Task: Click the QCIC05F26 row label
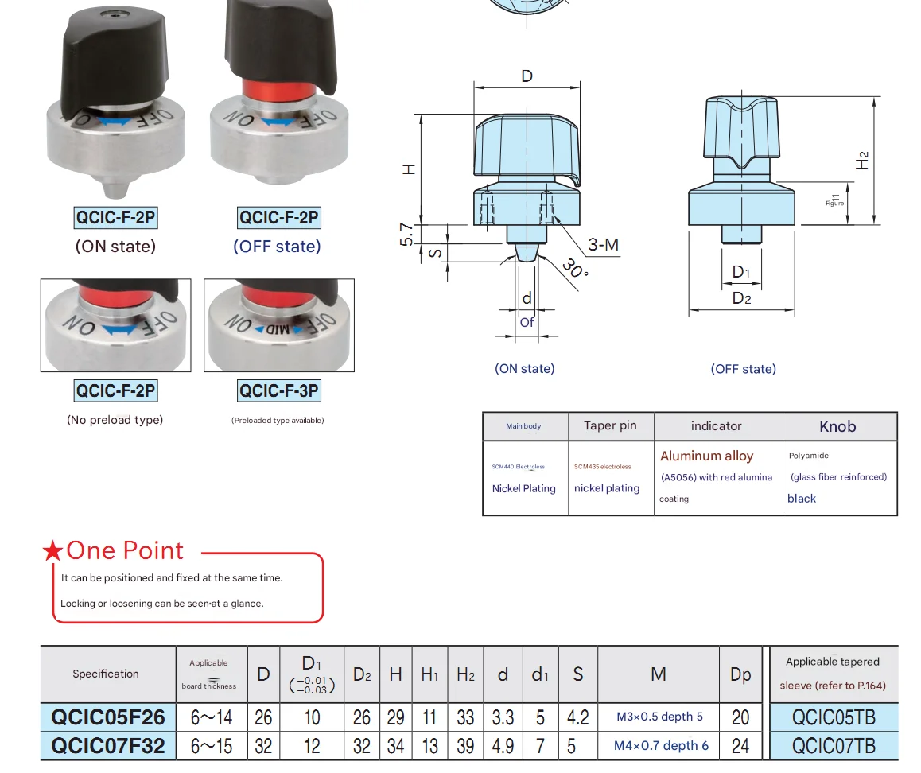108,717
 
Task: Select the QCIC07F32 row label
108,746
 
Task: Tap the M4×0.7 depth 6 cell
660,746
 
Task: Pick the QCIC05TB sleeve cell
834,717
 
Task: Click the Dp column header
740,674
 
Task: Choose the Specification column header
106,674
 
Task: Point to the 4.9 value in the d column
503,746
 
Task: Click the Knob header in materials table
837,427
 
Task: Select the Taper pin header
610,425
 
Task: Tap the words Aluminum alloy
706,456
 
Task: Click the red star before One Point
52,550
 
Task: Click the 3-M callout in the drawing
603,244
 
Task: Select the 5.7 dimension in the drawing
407,234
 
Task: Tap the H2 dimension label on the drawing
862,160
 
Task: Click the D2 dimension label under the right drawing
741,298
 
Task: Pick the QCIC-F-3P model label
279,390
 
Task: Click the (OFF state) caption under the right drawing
743,369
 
